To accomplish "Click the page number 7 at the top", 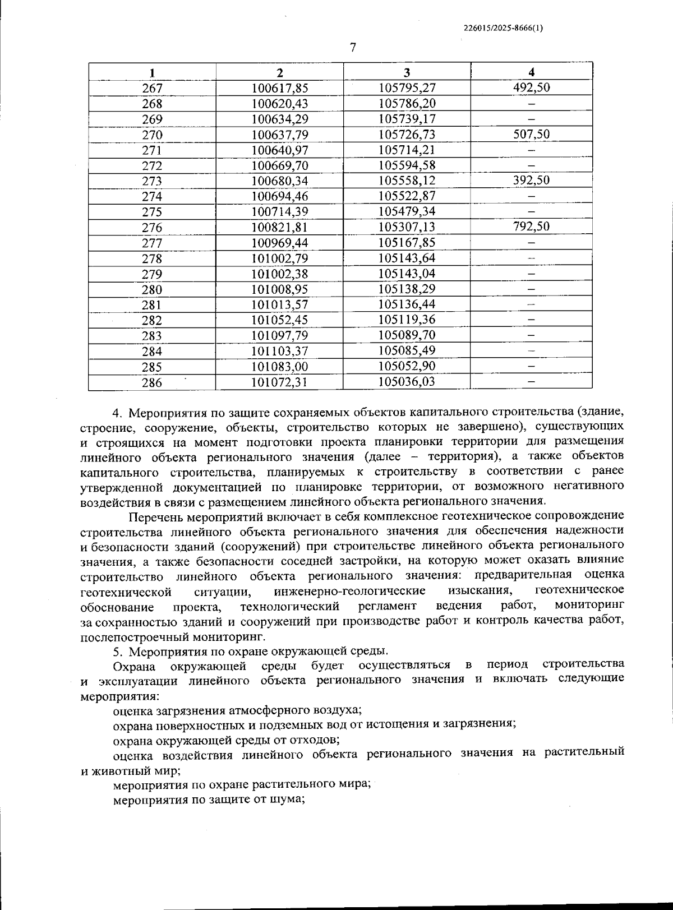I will [352, 48].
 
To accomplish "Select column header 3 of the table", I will [407, 72].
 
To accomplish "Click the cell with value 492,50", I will [531, 87].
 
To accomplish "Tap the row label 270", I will [152, 135].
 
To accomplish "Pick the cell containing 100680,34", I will [279, 181].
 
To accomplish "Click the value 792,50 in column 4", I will [531, 227].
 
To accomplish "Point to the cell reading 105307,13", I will [407, 227].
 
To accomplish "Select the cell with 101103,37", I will [279, 351].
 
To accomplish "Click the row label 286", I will [152, 382].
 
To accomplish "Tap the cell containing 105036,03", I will [407, 382].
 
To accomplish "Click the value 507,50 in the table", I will [531, 134].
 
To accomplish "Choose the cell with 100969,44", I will [279, 242].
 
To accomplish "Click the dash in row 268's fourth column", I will [531, 104].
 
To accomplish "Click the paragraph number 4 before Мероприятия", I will [117, 413].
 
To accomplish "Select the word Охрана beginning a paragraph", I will [132, 666].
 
